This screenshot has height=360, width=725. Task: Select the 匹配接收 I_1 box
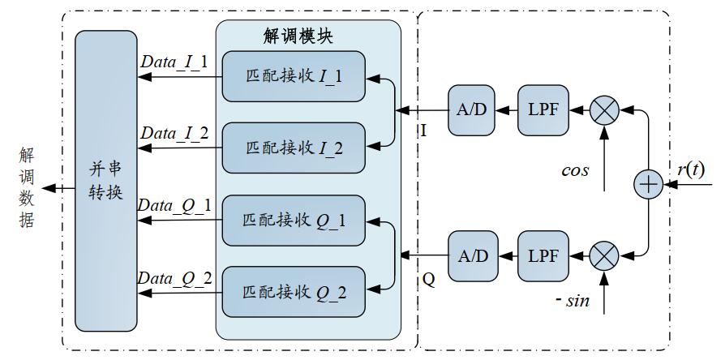pyautogui.click(x=293, y=77)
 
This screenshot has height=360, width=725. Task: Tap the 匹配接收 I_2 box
pyautogui.click(x=293, y=148)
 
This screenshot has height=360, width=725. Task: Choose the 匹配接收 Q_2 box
pyautogui.click(x=293, y=289)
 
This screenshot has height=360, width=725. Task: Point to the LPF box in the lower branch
pyautogui.click(x=542, y=255)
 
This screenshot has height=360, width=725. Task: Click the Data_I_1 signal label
pyautogui.click(x=174, y=62)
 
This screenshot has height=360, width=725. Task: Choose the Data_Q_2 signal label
pyautogui.click(x=174, y=279)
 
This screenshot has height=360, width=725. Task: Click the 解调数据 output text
pyautogui.click(x=26, y=187)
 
